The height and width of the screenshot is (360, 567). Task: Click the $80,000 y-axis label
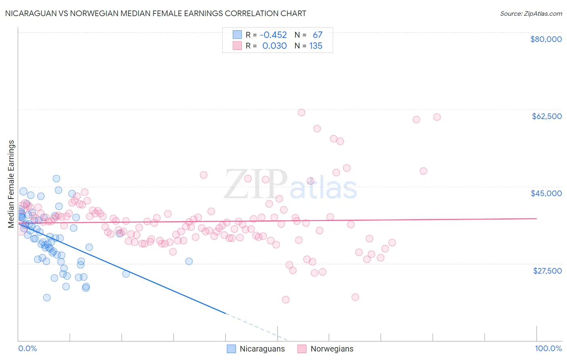click(x=546, y=39)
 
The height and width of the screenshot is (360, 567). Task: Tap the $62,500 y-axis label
click(x=546, y=116)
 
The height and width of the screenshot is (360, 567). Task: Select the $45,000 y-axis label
click(x=546, y=193)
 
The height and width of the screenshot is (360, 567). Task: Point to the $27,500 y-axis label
click(x=547, y=271)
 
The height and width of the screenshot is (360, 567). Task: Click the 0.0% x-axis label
click(x=27, y=348)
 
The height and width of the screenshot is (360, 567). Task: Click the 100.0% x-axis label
click(x=548, y=348)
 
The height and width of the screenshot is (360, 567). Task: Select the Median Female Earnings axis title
click(x=11, y=184)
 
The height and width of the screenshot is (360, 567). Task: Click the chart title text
click(x=155, y=13)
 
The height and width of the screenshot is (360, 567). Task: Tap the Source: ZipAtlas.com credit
click(x=531, y=13)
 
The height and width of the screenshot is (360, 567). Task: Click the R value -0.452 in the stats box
click(x=273, y=35)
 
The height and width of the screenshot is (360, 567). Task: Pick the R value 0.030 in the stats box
click(x=274, y=46)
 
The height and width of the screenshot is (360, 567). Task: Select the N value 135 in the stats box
click(x=316, y=46)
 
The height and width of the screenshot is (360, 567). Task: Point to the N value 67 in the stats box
click(x=317, y=35)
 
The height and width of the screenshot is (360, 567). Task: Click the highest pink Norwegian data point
click(x=301, y=113)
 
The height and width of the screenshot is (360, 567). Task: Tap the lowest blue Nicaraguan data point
click(x=47, y=297)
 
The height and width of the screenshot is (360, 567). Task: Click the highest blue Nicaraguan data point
click(x=56, y=178)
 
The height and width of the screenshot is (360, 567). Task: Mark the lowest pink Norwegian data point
click(x=286, y=299)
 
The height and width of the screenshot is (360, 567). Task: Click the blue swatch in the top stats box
click(x=237, y=35)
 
